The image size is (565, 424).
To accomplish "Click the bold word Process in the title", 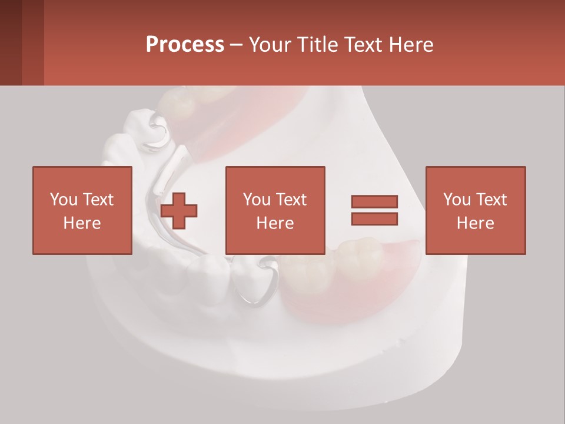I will [x=185, y=45].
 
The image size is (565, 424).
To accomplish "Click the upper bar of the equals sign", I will [x=374, y=202].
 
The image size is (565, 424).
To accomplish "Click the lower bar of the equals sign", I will [x=374, y=219].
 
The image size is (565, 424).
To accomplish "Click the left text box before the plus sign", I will [x=82, y=210].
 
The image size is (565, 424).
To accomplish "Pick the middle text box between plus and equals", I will [x=275, y=210].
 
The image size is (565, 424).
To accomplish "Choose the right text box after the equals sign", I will [x=476, y=210].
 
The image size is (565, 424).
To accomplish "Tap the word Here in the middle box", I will [x=275, y=223].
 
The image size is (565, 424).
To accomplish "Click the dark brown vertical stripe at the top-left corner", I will [x=11, y=42].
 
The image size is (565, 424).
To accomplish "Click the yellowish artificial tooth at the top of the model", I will [x=177, y=103].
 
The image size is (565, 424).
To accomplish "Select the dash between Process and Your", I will [x=236, y=45].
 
